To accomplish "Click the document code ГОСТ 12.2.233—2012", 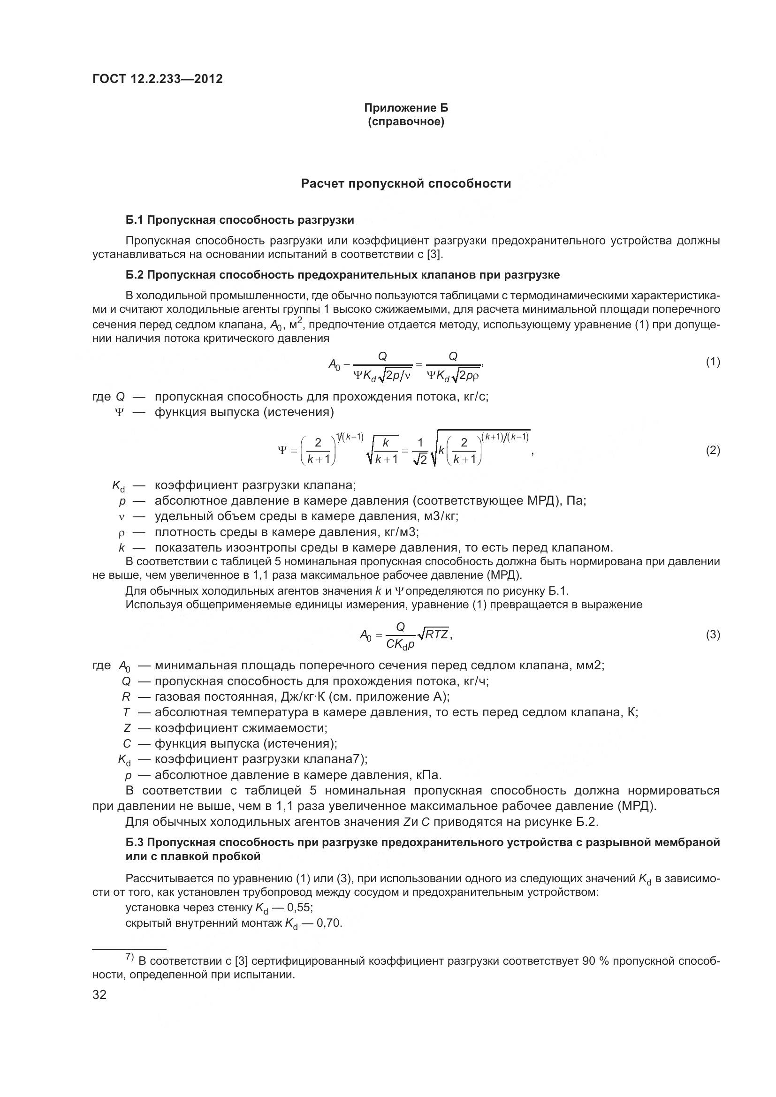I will coord(158,79).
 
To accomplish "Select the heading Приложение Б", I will coord(406,108).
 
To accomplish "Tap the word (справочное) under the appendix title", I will coord(406,122).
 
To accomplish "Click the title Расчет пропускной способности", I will coord(406,184).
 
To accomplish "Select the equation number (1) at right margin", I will coord(713,362).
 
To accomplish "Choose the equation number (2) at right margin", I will coord(713,451).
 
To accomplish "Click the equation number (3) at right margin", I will coord(713,635).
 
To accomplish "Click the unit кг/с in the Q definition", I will coord(476,397).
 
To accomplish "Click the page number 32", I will coord(99,995).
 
